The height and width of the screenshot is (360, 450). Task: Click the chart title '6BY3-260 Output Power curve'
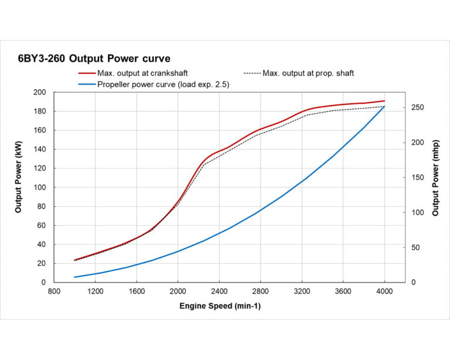(x=94, y=59)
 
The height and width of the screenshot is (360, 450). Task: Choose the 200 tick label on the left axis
(x=40, y=93)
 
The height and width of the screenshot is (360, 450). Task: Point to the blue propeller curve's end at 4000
(x=384, y=106)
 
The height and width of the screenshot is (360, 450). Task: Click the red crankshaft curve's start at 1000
(x=75, y=260)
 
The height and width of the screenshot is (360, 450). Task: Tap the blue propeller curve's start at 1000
(x=75, y=277)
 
